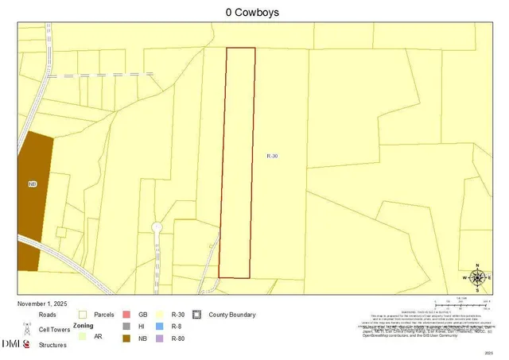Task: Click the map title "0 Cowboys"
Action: [254, 14]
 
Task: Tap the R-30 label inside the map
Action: [272, 156]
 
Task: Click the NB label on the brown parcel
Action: [33, 184]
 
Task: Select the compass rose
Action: [477, 277]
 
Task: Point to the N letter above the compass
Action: [477, 265]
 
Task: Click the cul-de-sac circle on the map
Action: [157, 228]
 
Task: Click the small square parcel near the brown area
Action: [61, 232]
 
